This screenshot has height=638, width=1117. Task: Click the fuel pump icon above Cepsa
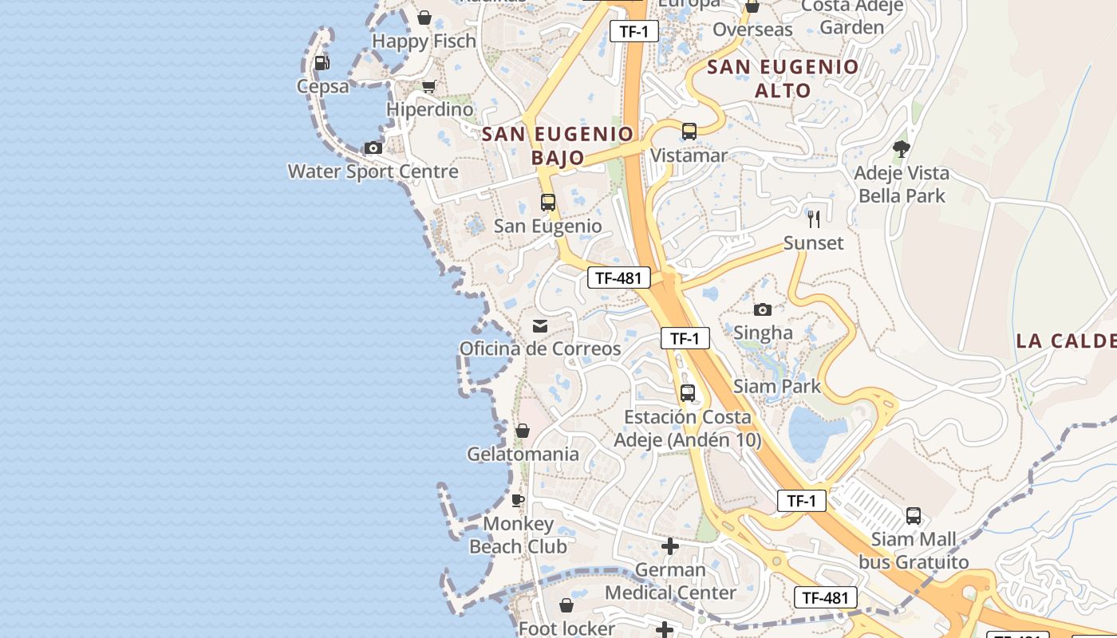322,62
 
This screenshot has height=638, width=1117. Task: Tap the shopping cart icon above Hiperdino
429,86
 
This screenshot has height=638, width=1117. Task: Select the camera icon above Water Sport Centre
373,148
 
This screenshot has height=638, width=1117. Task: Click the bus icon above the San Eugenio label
547,203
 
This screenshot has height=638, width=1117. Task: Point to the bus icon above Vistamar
689,132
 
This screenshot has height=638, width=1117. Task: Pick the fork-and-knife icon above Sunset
814,219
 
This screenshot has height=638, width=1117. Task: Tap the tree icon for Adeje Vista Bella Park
902,149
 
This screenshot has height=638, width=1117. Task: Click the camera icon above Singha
763,309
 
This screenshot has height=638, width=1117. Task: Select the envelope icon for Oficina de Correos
540,325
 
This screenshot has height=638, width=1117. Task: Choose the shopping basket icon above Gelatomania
523,431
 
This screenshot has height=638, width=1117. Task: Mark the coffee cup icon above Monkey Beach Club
518,500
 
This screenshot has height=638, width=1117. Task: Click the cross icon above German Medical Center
670,546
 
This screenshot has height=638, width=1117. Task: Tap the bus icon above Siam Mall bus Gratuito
914,516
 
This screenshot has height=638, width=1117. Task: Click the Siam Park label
776,387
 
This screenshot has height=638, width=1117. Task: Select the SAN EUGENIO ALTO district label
783,78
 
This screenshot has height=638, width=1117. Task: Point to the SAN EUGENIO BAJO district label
558,145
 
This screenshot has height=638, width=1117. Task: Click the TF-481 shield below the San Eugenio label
618,278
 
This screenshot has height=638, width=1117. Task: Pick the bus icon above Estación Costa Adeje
688,393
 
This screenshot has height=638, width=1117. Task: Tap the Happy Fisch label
424,41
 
